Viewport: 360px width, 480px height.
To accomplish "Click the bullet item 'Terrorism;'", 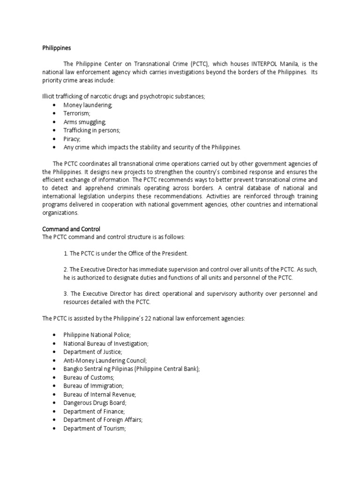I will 77,113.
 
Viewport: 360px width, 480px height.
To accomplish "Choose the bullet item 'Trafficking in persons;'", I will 92,130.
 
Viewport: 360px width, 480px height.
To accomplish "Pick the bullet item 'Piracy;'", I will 72,139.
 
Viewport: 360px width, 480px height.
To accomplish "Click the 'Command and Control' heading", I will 71,229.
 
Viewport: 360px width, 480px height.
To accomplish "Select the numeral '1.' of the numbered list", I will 66,254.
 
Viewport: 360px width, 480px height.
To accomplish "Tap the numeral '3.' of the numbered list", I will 66,293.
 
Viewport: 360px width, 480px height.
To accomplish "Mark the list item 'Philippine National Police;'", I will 97,335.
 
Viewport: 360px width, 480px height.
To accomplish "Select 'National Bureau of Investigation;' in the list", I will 106,344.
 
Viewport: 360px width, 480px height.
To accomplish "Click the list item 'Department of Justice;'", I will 93,352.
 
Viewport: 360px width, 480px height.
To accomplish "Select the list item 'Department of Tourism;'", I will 95,428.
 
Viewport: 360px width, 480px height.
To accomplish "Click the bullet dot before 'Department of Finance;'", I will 54,412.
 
